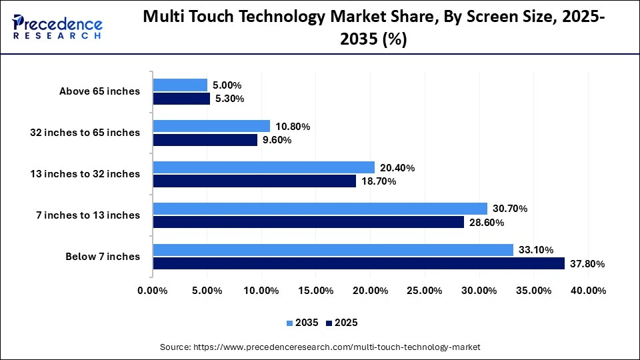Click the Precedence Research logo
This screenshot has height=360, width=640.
[x=57, y=27]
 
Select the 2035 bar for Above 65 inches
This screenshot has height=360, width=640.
[x=180, y=85]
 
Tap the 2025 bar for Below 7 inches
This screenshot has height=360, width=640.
[x=359, y=263]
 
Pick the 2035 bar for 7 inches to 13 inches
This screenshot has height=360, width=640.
[x=320, y=209]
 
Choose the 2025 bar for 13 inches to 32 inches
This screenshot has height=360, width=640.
[x=255, y=181]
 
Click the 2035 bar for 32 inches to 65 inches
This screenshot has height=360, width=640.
[x=211, y=126]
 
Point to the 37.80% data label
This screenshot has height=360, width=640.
[x=587, y=264]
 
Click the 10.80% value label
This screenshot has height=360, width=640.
[x=293, y=127]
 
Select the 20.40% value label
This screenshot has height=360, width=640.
[x=397, y=168]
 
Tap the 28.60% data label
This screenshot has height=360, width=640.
[x=487, y=223]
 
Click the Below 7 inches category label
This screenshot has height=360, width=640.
[x=103, y=257]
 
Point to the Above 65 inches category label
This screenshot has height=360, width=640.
[x=99, y=91]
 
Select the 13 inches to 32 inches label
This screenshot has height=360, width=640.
[x=85, y=174]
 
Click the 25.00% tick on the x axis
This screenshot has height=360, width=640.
[x=425, y=291]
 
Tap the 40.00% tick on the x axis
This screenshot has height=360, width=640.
[x=588, y=291]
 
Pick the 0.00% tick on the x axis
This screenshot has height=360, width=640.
[x=153, y=291]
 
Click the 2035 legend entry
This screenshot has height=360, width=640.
[x=303, y=323]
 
